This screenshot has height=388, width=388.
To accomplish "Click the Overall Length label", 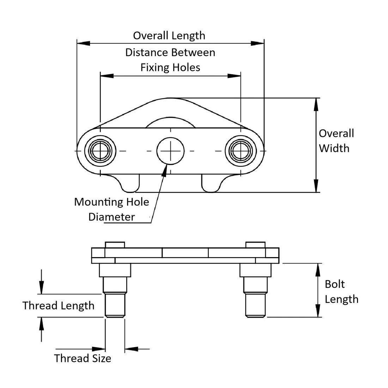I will coord(169,36).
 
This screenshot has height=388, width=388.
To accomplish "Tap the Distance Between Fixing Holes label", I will coord(170,60).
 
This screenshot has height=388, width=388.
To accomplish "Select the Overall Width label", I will coord(336,141).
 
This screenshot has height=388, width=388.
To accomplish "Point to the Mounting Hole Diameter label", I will coord(111,209).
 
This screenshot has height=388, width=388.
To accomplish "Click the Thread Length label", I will coord(59,305).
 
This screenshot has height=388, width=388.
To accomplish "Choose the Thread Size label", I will coord(83,358).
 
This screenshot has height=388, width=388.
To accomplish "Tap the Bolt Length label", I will coord(341,292).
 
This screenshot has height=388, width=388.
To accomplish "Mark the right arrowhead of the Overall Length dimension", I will coord(258,43).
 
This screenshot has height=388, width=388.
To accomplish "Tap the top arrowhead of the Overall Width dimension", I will coord(316,103).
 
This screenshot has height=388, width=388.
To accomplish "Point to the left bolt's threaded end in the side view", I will coord(115,305).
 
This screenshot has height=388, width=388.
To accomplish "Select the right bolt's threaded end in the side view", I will coord(255,305).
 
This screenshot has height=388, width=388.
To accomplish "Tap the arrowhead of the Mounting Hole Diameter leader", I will coord(165,169).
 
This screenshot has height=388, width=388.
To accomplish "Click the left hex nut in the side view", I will coord(115,270).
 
